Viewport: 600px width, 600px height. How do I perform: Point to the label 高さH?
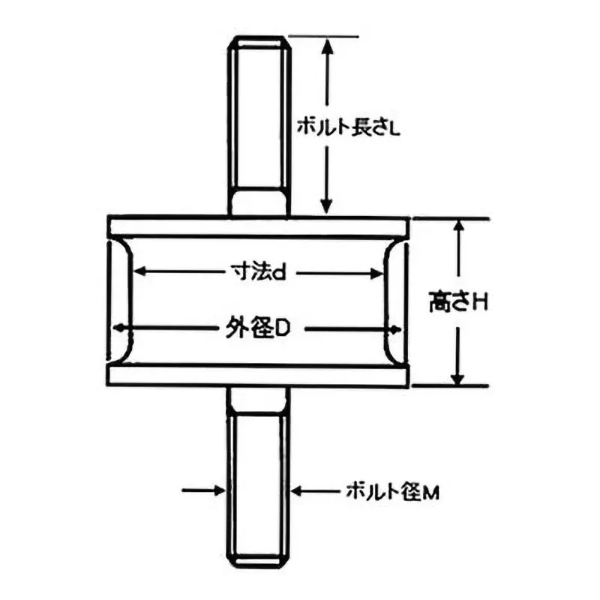click(459, 303)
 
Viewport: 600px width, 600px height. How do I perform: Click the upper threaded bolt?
click(259, 127)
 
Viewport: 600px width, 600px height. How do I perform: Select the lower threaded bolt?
click(259, 480)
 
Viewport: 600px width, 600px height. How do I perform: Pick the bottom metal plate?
click(259, 375)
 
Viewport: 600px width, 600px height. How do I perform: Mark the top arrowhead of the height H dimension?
click(459, 226)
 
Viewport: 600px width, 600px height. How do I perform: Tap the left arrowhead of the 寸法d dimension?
click(139, 273)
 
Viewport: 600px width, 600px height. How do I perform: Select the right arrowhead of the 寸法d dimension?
click(379, 273)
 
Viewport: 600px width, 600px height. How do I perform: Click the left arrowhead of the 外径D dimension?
click(119, 328)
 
